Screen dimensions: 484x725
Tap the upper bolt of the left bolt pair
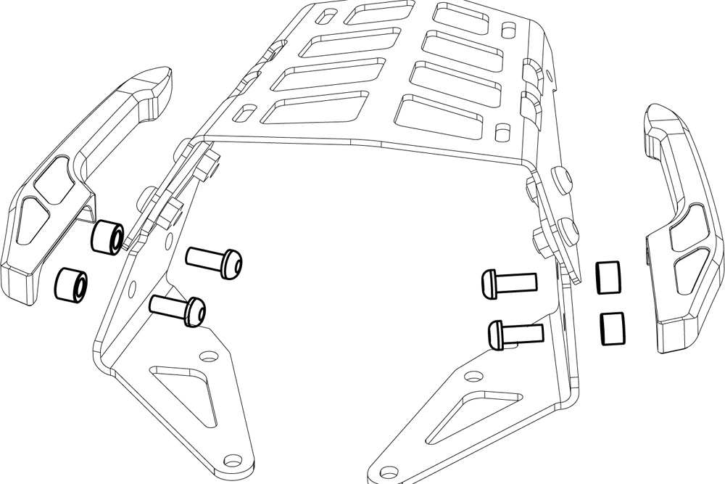(x=214, y=260)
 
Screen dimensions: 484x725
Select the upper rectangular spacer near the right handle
(x=610, y=276)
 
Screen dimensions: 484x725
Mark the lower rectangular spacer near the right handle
(x=613, y=327)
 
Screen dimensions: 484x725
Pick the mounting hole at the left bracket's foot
(x=233, y=460)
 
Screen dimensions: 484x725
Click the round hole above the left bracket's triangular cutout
(x=210, y=357)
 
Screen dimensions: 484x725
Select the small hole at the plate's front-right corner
(x=500, y=133)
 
